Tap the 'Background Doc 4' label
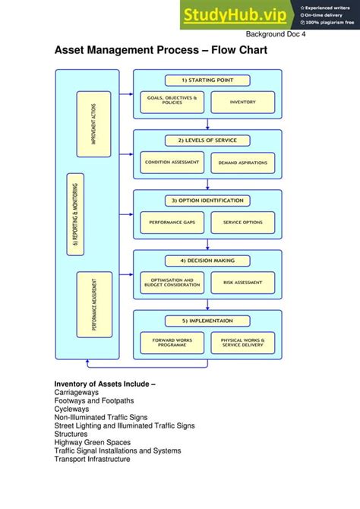pyautogui.click(x=275, y=35)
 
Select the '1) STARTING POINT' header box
pyautogui.click(x=207, y=80)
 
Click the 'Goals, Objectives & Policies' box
pyautogui.click(x=172, y=101)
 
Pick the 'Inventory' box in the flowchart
pyautogui.click(x=242, y=101)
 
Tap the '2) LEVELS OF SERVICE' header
pyautogui.click(x=207, y=140)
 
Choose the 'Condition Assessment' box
pyautogui.click(x=172, y=163)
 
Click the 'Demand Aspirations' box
pyautogui.click(x=242, y=163)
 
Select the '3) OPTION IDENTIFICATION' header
pyautogui.click(x=207, y=201)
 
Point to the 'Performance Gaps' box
pyautogui.click(x=172, y=223)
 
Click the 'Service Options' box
pyautogui.click(x=242, y=223)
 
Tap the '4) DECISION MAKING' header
pyautogui.click(x=207, y=261)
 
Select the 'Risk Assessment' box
pyautogui.click(x=242, y=283)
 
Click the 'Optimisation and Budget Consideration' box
pyautogui.click(x=172, y=283)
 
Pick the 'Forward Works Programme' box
pyautogui.click(x=172, y=343)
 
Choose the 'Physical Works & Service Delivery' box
pyautogui.click(x=242, y=343)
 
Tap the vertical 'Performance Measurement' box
pyautogui.click(x=94, y=304)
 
